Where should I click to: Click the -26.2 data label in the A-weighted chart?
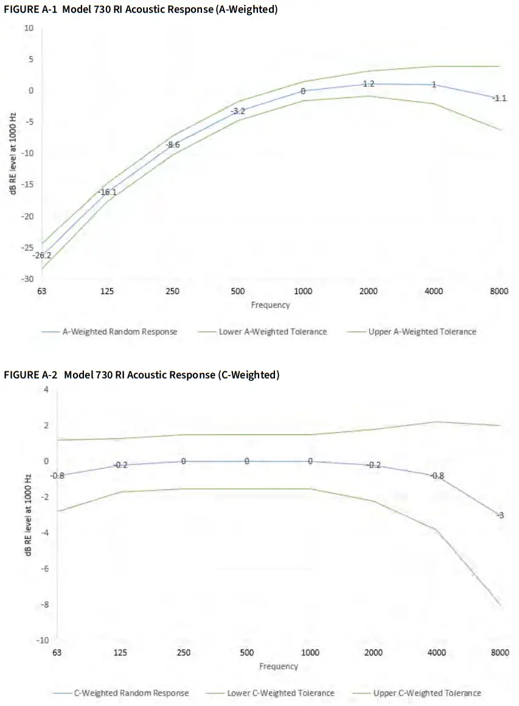42,255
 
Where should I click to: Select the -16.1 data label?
107,192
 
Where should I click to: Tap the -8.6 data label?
173,145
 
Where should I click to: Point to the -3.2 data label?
239,111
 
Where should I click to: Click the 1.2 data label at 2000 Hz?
368,83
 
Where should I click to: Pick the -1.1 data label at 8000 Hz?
499,98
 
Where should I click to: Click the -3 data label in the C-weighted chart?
500,516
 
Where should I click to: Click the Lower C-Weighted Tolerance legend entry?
280,693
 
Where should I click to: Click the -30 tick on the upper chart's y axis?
27,279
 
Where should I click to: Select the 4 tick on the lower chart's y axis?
46,389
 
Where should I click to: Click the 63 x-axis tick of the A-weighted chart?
42,292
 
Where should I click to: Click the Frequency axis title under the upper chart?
270,305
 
